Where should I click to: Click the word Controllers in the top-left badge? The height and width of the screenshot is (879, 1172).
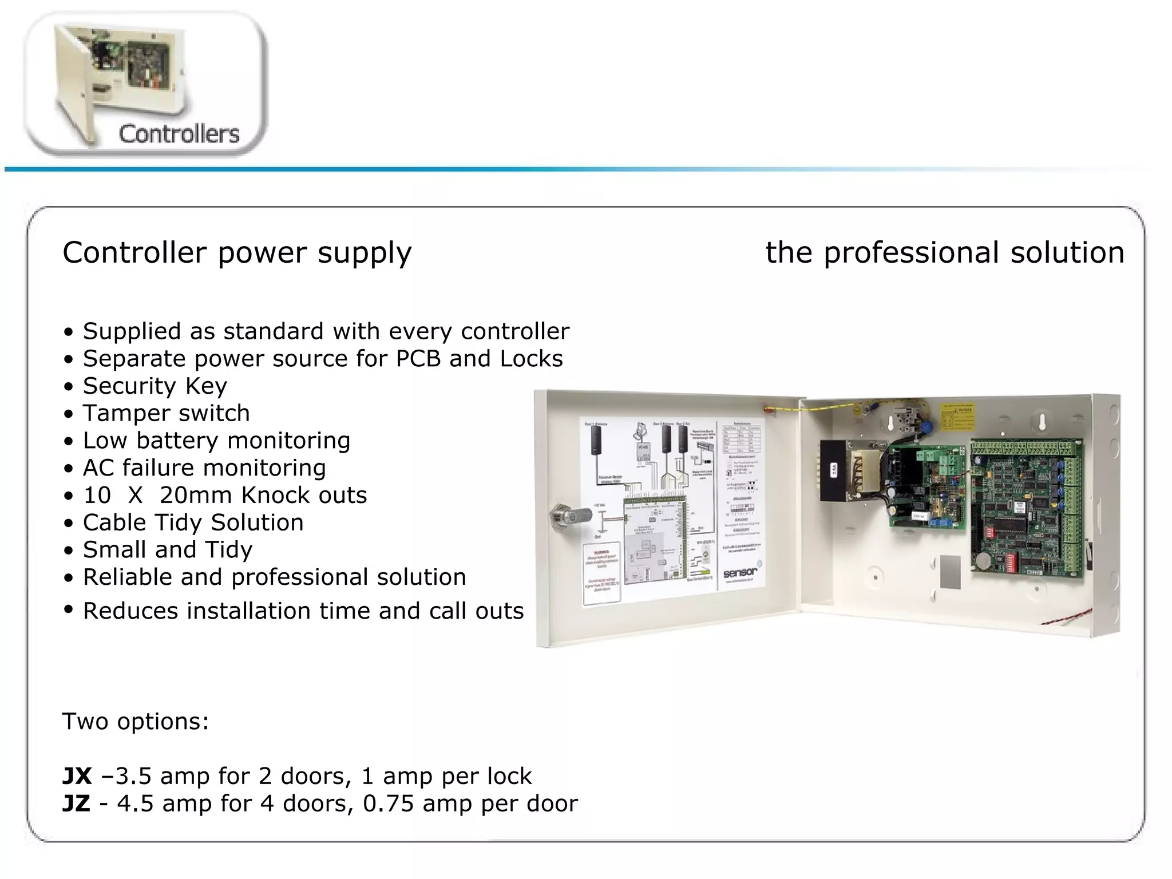[x=179, y=134]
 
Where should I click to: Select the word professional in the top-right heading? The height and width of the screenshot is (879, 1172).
[x=913, y=253]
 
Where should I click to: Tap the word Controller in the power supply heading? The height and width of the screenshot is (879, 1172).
[x=134, y=252]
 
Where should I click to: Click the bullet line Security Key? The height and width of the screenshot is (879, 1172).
[x=155, y=386]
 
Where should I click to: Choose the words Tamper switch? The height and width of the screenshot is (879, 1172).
[x=166, y=413]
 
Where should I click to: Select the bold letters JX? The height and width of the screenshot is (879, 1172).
[x=77, y=777]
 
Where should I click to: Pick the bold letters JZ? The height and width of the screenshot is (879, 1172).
[x=76, y=804]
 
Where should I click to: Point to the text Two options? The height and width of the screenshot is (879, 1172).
[x=136, y=722]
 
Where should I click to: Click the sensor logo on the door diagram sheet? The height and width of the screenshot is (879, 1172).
[x=740, y=572]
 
